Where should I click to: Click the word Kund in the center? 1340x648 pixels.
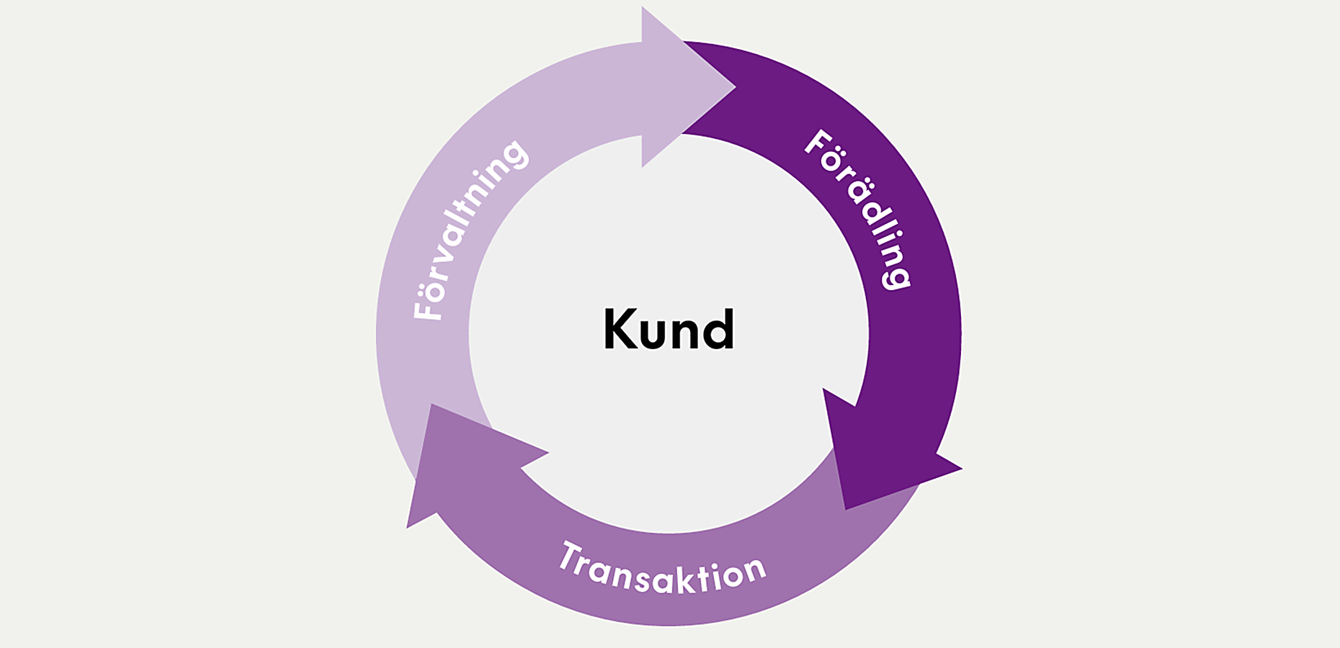[669, 330]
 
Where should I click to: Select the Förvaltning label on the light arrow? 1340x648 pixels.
[470, 230]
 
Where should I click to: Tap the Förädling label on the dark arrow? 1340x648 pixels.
[857, 210]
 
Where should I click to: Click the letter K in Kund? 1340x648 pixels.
[620, 330]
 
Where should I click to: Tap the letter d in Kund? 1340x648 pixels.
[718, 330]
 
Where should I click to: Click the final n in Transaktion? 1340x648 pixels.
[754, 570]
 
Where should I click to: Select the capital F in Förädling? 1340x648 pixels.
[818, 143]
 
